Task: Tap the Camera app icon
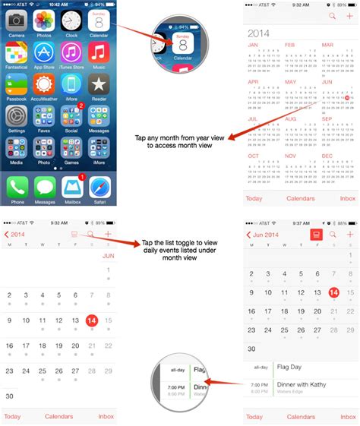pyautogui.click(x=15, y=20)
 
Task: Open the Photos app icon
pyautogui.click(x=43, y=20)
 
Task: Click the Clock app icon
pyautogui.click(x=71, y=20)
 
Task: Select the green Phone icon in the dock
pyautogui.click(x=16, y=187)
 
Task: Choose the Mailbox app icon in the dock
pyautogui.click(x=71, y=187)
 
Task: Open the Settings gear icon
pyautogui.click(x=15, y=116)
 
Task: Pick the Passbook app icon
pyautogui.click(x=15, y=84)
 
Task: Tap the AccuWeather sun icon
pyautogui.click(x=43, y=84)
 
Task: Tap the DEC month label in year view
pyautogui.click(x=327, y=155)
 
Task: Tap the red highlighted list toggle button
pyautogui.click(x=314, y=235)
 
